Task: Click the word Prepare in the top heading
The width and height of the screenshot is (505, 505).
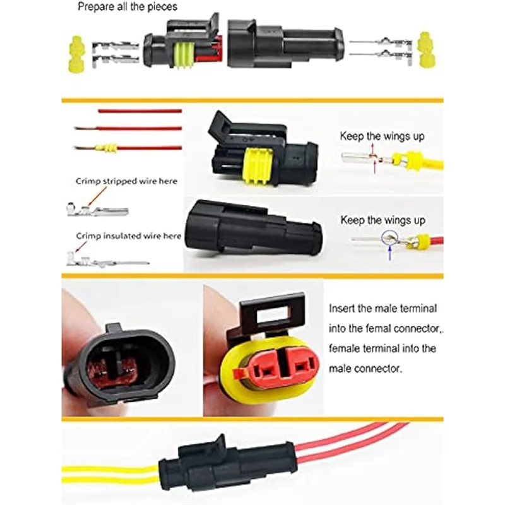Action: tap(95, 8)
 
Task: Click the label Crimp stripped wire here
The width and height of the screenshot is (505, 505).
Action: tap(127, 181)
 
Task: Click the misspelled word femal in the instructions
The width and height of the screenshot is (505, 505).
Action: tap(379, 328)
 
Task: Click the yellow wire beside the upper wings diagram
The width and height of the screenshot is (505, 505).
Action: tap(433, 163)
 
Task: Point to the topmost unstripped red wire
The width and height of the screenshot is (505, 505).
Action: tap(139, 111)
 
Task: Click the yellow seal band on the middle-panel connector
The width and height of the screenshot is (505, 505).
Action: tap(259, 166)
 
